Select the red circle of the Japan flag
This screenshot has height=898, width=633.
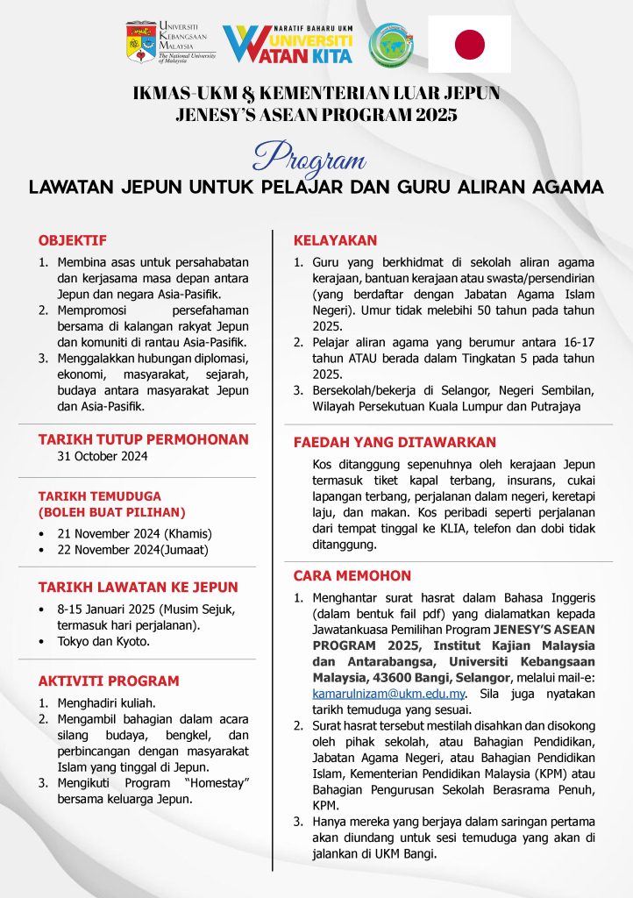coord(470,44)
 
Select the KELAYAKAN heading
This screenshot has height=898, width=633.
coord(335,240)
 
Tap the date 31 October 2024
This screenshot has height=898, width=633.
coord(102,456)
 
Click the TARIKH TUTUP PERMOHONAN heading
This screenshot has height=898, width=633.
coord(143,439)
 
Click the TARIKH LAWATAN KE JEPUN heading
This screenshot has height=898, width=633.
coord(138,587)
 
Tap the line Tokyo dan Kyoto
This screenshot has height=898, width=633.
coord(103,641)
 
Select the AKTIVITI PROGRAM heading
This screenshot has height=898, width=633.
coord(109,681)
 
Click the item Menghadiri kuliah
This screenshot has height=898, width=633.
coord(106,702)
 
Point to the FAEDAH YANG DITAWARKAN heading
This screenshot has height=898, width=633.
coord(395,443)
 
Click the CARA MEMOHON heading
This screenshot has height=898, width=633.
coord(352,575)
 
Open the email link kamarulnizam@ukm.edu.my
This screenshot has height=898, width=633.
coord(388,693)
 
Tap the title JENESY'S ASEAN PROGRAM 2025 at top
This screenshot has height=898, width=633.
coord(316,114)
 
